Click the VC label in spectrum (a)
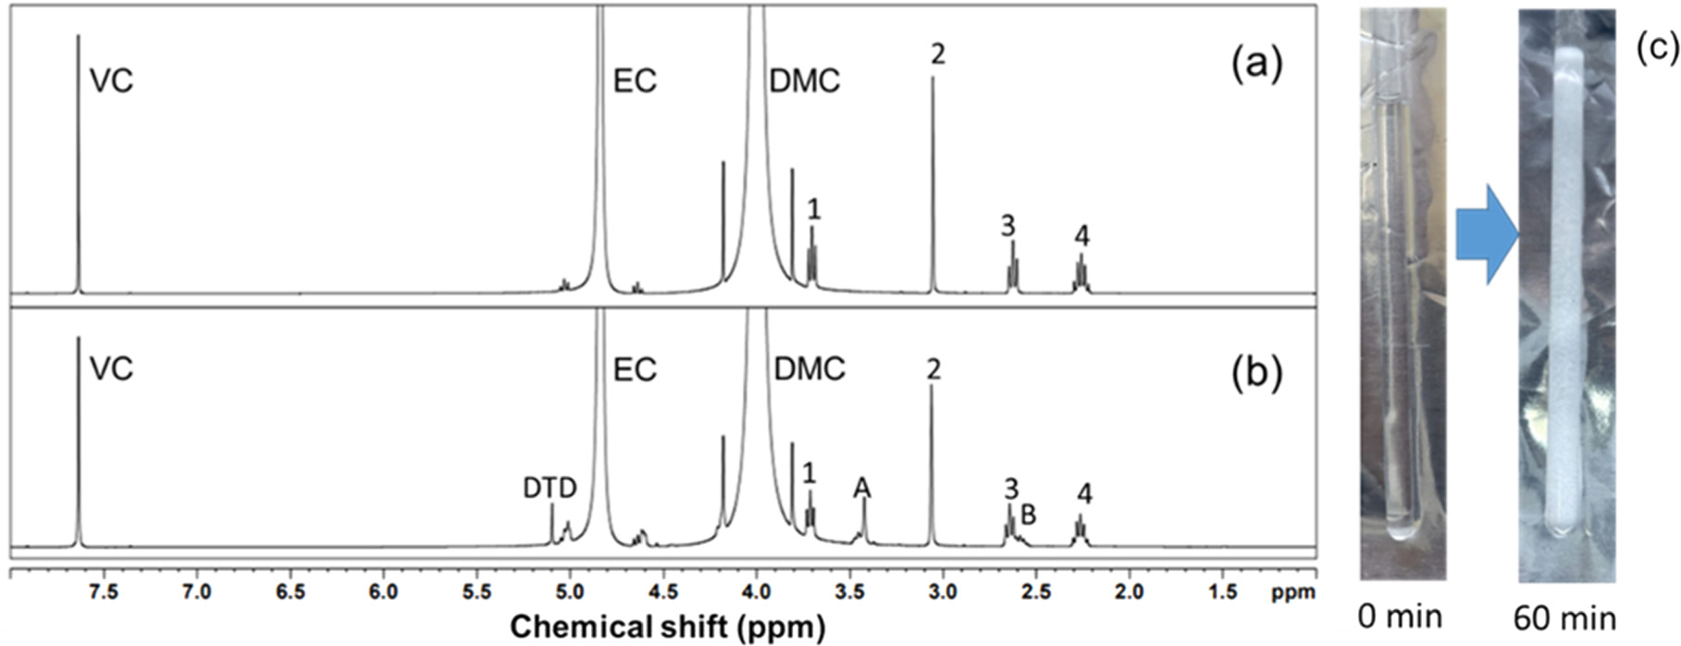[x=111, y=81]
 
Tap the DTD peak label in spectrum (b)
[x=550, y=488]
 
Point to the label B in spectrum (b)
[x=1027, y=515]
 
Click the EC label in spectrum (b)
[x=635, y=369]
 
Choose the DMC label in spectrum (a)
[x=804, y=81]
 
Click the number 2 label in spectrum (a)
[x=937, y=54]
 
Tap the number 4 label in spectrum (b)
[x=1083, y=494]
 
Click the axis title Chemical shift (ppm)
[x=666, y=627]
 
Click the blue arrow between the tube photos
[x=1486, y=243]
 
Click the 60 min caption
[x=1565, y=616]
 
